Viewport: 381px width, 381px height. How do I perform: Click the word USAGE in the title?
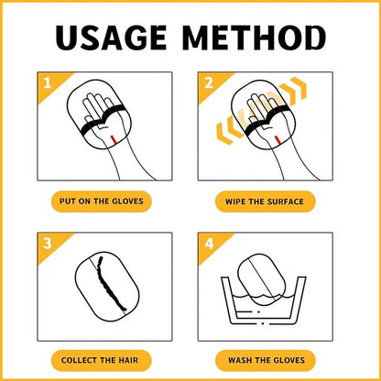point(111,38)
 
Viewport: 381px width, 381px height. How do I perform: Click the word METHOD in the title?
point(255,38)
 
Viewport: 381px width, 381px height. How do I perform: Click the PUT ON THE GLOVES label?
point(102,201)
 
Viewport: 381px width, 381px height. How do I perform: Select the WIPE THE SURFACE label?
point(265,201)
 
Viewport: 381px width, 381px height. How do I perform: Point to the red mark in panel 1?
point(113,139)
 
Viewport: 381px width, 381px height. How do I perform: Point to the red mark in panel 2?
point(278,140)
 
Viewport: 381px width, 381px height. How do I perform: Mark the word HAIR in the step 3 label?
point(128,361)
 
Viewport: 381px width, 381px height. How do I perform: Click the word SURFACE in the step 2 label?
point(286,201)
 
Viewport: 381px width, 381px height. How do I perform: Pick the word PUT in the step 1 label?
point(67,201)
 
